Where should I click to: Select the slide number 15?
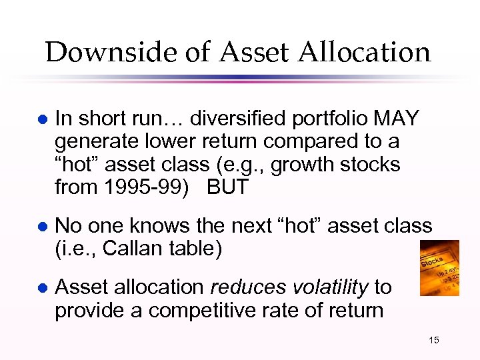pyautogui.click(x=433, y=341)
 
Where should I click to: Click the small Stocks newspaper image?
pyautogui.click(x=439, y=268)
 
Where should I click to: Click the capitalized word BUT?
pyautogui.click(x=227, y=187)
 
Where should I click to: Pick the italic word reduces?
pyautogui.click(x=241, y=287)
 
